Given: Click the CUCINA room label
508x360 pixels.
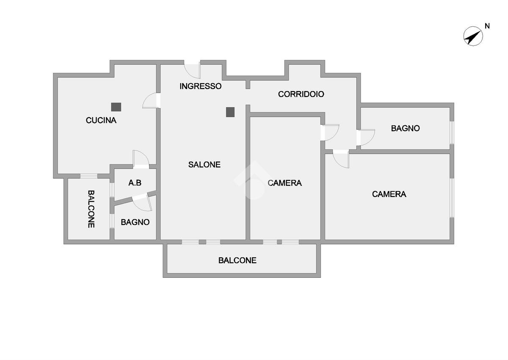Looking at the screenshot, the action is pos(101,120).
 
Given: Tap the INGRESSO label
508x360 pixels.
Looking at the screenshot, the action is pos(200,86).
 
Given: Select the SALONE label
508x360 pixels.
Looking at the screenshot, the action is pos(204,165).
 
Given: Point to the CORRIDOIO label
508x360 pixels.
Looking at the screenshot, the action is pos(301,94).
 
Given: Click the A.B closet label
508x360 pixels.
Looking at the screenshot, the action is pos(135,183).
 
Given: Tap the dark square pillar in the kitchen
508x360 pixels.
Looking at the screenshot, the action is pos(116,107).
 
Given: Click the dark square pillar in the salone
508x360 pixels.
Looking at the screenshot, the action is pos(230,112).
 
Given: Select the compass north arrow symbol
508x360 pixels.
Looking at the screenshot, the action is pos(473,36).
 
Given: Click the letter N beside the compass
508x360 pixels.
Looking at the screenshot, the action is pos(487,26).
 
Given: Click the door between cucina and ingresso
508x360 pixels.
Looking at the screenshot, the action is pos(151,101).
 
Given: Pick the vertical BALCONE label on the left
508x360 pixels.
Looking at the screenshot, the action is pos(91,209).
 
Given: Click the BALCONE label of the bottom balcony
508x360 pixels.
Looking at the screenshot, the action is pos(237,260).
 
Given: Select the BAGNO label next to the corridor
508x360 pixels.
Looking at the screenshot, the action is pos(405,128).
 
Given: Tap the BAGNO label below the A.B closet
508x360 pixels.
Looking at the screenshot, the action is pos(135,222).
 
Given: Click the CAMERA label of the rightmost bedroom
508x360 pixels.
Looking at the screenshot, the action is pos(389,194).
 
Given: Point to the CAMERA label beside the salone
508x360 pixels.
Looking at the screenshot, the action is pos(285,183).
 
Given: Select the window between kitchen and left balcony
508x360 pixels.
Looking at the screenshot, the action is pos(89,176).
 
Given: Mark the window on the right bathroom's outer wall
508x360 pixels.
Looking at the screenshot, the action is pos(451,133).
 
